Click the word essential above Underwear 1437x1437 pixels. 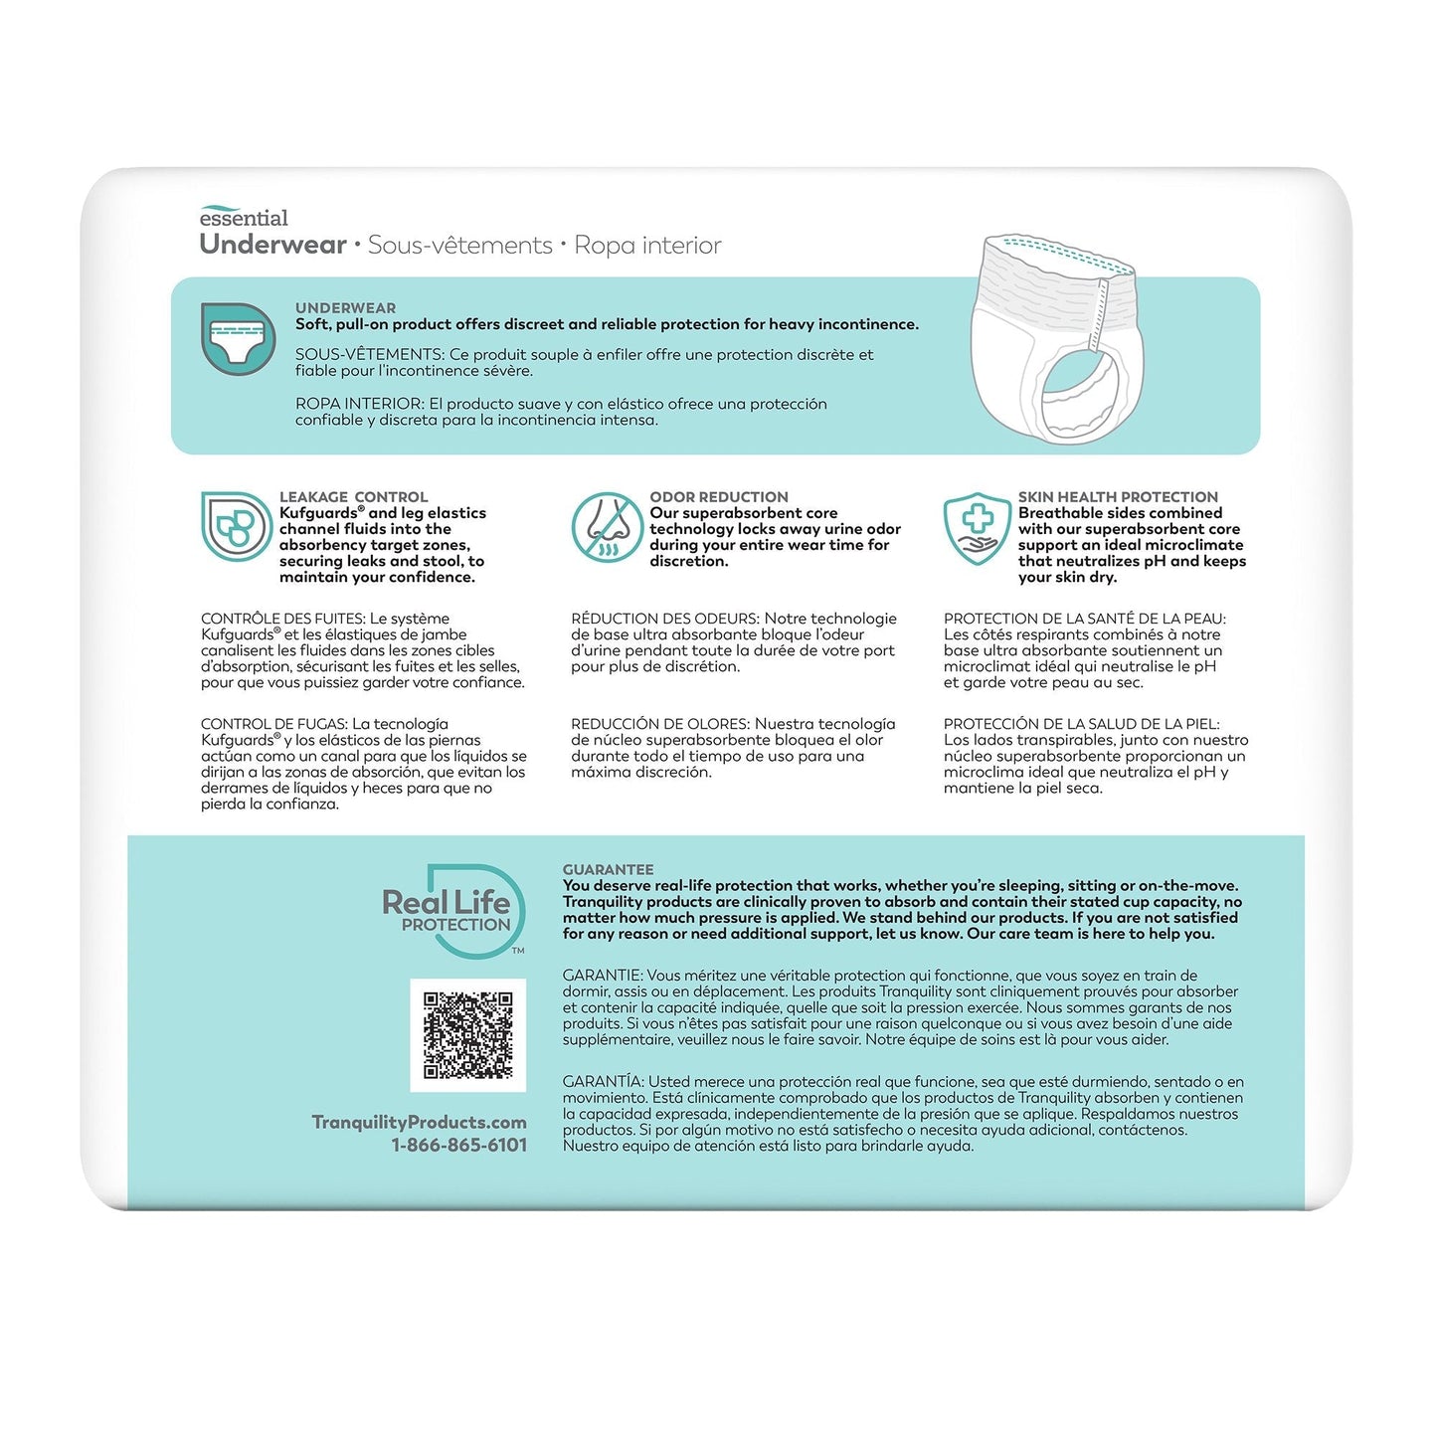pyautogui.click(x=244, y=218)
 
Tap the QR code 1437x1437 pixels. pyautogui.click(x=468, y=1035)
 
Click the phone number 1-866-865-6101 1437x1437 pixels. pyautogui.click(x=458, y=1145)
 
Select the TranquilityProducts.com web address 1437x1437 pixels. pyautogui.click(x=419, y=1122)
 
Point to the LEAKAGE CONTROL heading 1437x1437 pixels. pyautogui.click(x=353, y=497)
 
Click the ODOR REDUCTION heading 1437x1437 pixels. pyautogui.click(x=718, y=497)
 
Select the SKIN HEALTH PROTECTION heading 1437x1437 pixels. pyautogui.click(x=1117, y=497)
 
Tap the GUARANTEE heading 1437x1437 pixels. pyautogui.click(x=608, y=869)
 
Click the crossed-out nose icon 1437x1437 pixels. pyautogui.click(x=606, y=527)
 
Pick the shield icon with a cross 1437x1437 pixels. pyautogui.click(x=977, y=527)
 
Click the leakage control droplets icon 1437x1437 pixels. pyautogui.click(x=236, y=527)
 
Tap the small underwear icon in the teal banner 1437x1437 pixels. pyautogui.click(x=238, y=339)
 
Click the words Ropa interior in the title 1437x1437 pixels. pyautogui.click(x=647, y=246)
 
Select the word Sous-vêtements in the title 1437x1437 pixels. pyautogui.click(x=459, y=246)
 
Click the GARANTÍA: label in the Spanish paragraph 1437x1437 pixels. pyautogui.click(x=604, y=1082)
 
